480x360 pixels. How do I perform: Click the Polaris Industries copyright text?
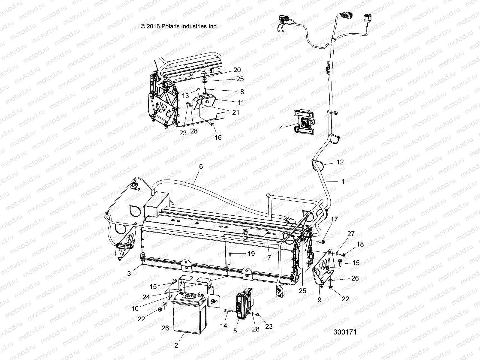[x=179, y=26]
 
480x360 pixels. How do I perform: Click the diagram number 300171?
[x=345, y=333]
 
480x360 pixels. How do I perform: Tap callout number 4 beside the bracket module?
[x=281, y=128]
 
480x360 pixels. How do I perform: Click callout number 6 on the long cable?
[x=201, y=166]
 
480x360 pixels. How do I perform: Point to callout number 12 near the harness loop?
[x=340, y=162]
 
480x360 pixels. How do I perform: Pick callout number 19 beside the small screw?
[x=251, y=253]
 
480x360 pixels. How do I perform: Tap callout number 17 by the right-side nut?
[x=334, y=220]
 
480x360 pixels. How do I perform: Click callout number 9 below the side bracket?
[x=319, y=299]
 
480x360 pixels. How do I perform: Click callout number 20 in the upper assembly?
[x=237, y=70]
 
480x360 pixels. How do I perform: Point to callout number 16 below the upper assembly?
[x=218, y=137]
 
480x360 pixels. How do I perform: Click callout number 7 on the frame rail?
[x=269, y=257]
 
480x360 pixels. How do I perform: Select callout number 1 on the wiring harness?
[x=343, y=181]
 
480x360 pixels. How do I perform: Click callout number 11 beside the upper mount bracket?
[x=241, y=103]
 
